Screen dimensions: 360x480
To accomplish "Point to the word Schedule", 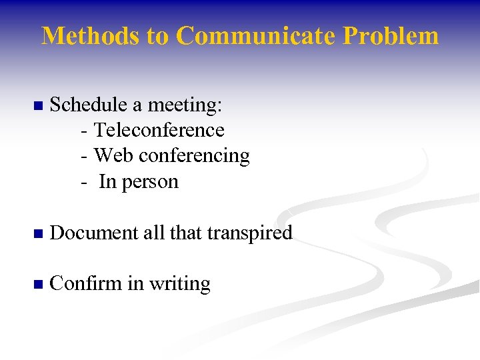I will coord(86,105).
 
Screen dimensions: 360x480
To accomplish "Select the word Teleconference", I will coord(159,130).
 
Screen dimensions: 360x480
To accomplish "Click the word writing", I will coord(179,285).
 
